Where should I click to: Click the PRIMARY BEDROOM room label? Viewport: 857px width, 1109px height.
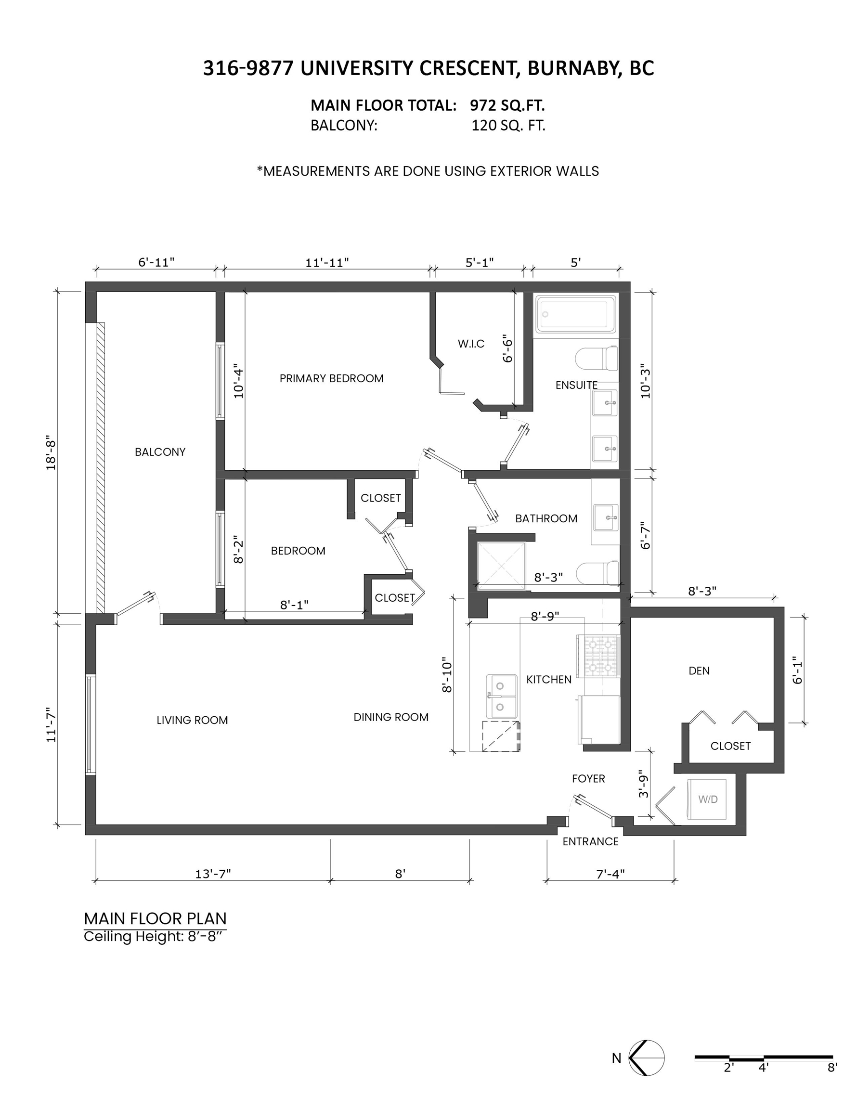[x=331, y=378]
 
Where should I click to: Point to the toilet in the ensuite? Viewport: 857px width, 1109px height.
[x=597, y=359]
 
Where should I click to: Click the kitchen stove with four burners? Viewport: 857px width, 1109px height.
[x=598, y=657]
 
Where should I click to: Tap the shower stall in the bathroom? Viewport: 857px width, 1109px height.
[x=501, y=567]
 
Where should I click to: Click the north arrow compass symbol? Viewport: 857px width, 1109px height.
[x=646, y=1058]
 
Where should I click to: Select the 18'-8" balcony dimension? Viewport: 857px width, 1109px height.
[x=51, y=452]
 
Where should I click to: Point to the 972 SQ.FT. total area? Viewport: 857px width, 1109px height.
[x=507, y=105]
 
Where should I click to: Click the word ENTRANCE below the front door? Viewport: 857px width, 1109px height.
[x=590, y=841]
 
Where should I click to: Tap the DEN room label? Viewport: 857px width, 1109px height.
[x=699, y=671]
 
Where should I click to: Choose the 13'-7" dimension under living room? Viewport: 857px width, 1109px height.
[x=213, y=874]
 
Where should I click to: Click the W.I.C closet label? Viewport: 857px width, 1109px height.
[x=471, y=344]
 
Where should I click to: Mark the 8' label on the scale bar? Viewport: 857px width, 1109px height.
[x=832, y=1067]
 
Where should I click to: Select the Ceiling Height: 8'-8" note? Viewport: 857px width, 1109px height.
[x=154, y=936]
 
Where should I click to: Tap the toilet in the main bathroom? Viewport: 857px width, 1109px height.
[x=597, y=573]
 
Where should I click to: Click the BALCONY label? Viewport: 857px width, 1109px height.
[x=160, y=452]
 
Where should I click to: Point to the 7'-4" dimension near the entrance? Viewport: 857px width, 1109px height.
[x=610, y=874]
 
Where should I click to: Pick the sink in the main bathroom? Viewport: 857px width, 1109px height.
[x=606, y=517]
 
